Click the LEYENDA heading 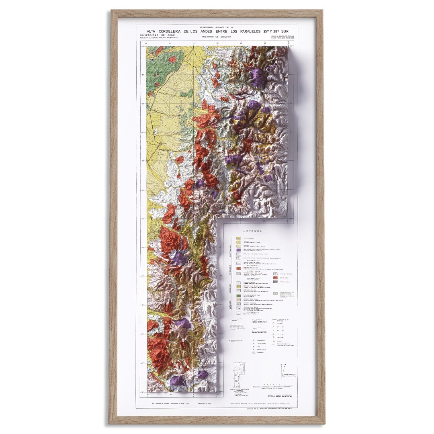pos(252,231)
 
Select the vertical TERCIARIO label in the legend pos(231,267)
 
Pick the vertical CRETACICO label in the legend pos(231,288)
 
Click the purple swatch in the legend pos(239,250)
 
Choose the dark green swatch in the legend pos(239,295)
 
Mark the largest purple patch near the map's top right pos(257,76)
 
